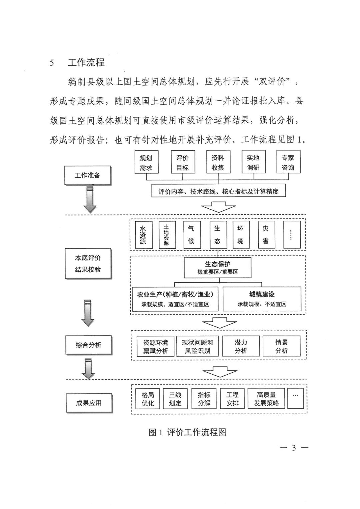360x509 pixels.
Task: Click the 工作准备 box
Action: click(x=87, y=175)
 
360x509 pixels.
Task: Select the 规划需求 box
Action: click(x=146, y=163)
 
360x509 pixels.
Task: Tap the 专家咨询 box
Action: click(x=288, y=163)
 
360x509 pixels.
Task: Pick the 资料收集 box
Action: click(x=218, y=163)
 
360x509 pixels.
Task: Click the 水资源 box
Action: click(x=143, y=235)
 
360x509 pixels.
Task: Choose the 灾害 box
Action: click(x=265, y=235)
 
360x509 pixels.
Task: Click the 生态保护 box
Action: click(x=218, y=268)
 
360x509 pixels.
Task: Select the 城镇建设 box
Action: click(x=262, y=299)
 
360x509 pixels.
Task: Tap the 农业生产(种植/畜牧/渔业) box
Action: click(x=175, y=299)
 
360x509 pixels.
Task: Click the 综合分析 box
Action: click(x=88, y=345)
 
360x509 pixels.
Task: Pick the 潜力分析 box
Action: click(x=241, y=346)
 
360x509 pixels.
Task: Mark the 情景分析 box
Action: click(x=281, y=346)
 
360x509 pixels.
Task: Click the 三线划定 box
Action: click(x=175, y=399)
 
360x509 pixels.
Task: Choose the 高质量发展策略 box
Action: click(x=266, y=399)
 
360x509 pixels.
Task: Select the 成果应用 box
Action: click(x=89, y=403)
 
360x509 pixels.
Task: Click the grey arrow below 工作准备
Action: click(x=89, y=200)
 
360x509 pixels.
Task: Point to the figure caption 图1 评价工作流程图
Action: click(x=187, y=432)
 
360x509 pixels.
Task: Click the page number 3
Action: click(x=294, y=448)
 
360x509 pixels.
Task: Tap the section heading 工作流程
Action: click(x=86, y=63)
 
